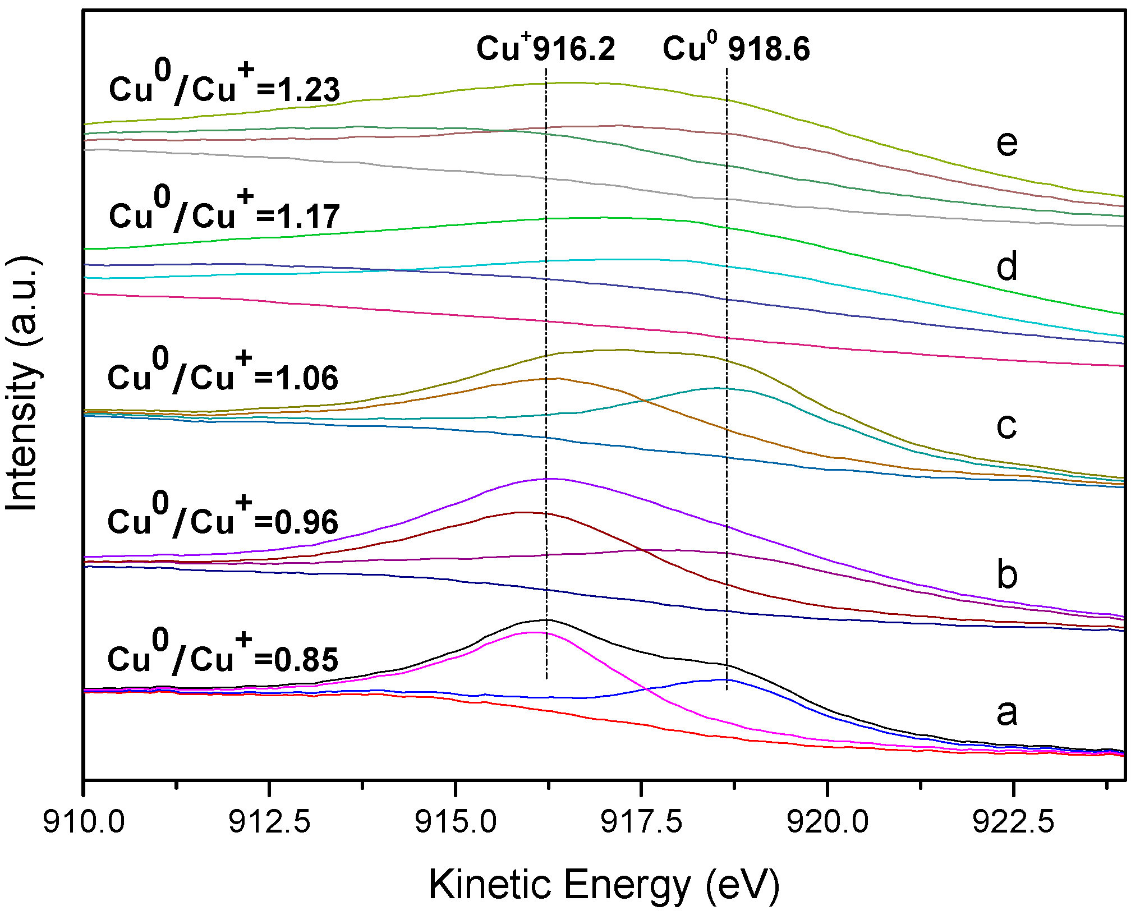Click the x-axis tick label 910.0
coord(84,822)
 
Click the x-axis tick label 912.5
coord(270,822)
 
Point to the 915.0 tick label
coord(456,822)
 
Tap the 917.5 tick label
coord(641,822)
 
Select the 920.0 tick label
coord(828,822)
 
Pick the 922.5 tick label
coord(1013,822)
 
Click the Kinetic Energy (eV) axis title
coord(604,885)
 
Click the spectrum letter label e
coord(1006,144)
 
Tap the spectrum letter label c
coord(1006,426)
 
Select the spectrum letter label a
coord(1006,712)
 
